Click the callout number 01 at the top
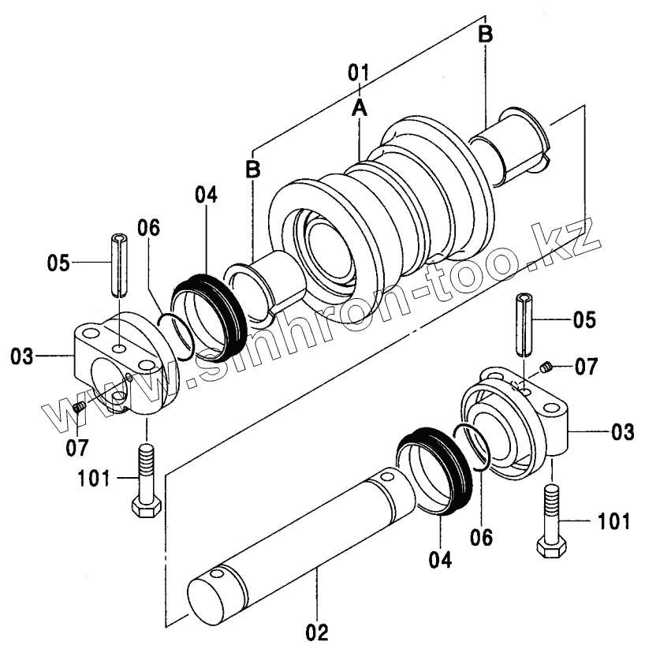click(x=358, y=73)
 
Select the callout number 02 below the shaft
click(x=317, y=632)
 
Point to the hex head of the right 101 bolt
click(x=551, y=548)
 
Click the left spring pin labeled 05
click(x=118, y=265)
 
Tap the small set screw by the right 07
click(x=547, y=367)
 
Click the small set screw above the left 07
click(x=79, y=408)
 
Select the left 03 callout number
click(x=21, y=356)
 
